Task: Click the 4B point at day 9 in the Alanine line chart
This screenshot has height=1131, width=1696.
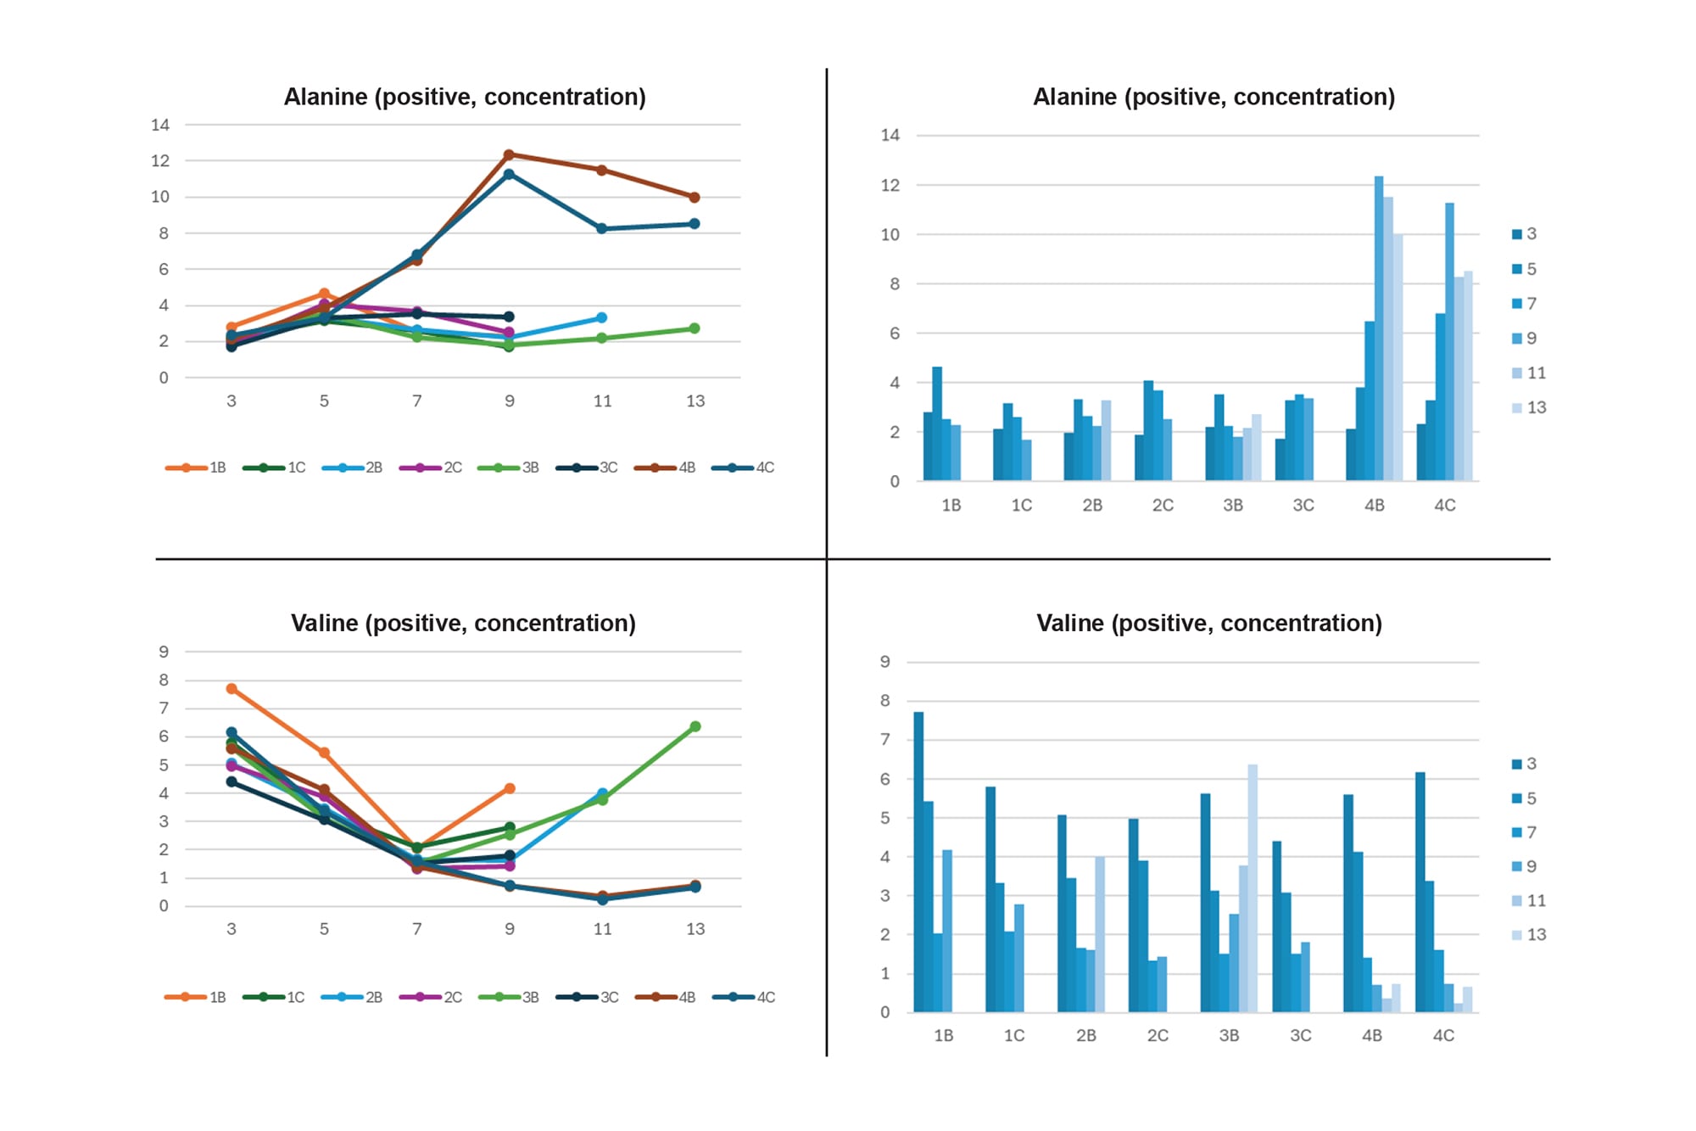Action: [509, 155]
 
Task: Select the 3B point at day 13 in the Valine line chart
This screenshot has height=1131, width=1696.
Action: [695, 726]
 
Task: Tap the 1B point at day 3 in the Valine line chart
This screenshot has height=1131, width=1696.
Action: [232, 689]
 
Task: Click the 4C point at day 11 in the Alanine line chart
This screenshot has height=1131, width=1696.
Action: [602, 229]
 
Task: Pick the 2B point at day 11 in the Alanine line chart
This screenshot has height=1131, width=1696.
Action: [602, 318]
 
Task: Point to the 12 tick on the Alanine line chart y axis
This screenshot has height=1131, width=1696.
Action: [160, 161]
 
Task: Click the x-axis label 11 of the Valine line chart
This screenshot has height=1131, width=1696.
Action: [602, 929]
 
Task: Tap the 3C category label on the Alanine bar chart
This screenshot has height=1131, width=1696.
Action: [1303, 506]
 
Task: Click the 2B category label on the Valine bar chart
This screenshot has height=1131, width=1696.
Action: [1086, 1036]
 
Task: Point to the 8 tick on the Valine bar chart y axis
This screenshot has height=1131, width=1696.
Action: [885, 701]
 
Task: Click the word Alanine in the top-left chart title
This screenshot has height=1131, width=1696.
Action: [326, 97]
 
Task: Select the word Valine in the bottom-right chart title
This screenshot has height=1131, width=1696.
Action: [1070, 624]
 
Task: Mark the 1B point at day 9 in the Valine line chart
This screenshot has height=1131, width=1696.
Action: [510, 789]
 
